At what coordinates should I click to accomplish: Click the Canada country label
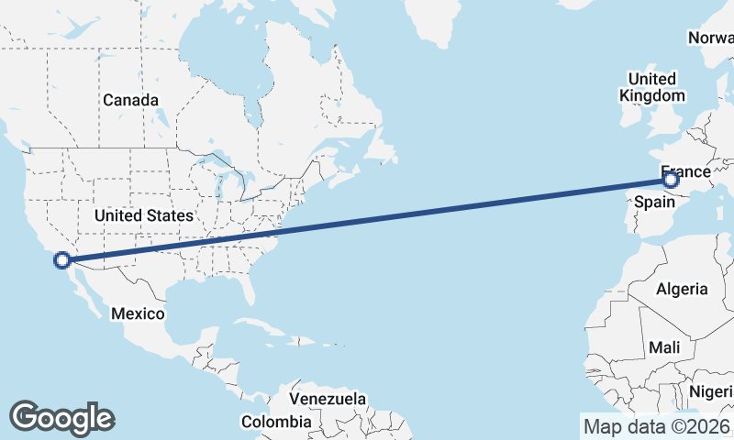[x=130, y=100]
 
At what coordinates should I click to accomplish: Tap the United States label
[x=145, y=215]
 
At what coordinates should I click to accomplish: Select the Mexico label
[x=138, y=313]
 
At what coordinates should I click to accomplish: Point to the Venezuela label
[x=328, y=400]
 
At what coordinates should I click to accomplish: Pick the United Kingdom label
[x=652, y=87]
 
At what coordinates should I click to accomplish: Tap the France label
[x=685, y=172]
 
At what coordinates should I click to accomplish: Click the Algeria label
[x=682, y=289]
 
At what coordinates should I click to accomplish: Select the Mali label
[x=663, y=348]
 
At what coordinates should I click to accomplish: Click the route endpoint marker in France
[x=671, y=181]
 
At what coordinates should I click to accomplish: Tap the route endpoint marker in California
[x=62, y=260]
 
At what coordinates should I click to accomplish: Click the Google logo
[x=61, y=417]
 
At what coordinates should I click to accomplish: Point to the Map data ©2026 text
[x=656, y=426]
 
